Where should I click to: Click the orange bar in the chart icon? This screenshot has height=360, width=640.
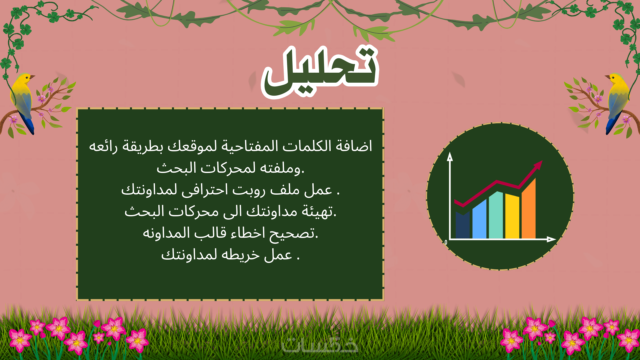coord(529,209)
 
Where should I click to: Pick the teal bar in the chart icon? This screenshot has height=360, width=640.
coord(496,215)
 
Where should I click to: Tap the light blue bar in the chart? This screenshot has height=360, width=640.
coord(479,219)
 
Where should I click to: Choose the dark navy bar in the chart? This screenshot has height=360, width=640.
coord(463,225)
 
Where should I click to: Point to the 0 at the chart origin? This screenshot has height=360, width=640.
coord(446,242)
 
